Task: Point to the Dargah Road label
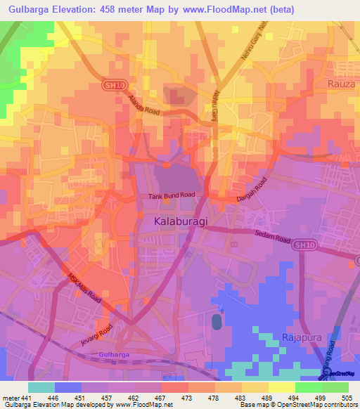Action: click(x=252, y=190)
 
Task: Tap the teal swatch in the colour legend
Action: click(x=41, y=387)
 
